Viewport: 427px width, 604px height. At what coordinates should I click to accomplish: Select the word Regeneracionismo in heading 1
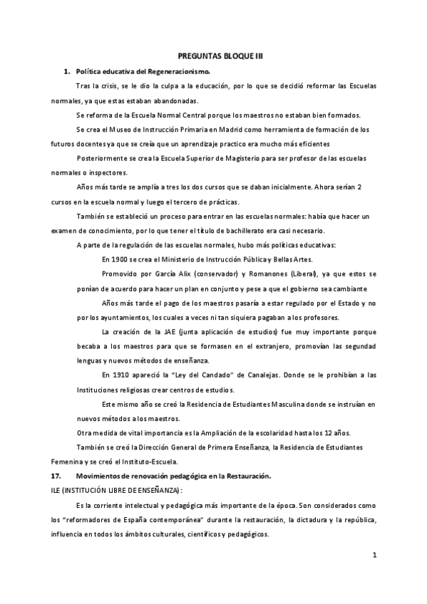click(x=178, y=72)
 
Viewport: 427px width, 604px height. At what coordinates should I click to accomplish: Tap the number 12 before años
click(x=336, y=433)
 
